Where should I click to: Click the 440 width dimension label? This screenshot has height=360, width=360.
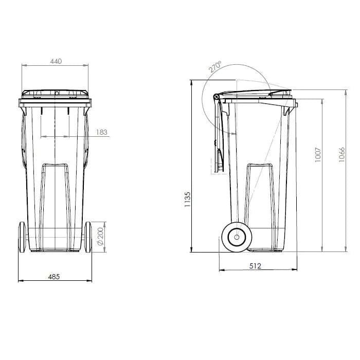tap(56, 61)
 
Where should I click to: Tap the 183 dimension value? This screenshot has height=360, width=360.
tap(102, 132)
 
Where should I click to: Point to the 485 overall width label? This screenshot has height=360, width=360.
tap(54, 276)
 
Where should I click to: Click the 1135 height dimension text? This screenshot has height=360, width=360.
tap(187, 199)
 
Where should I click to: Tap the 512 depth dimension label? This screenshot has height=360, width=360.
tap(256, 266)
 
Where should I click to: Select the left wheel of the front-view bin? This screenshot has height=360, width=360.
tap(22, 237)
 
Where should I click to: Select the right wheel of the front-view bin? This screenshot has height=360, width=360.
tap(88, 237)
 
